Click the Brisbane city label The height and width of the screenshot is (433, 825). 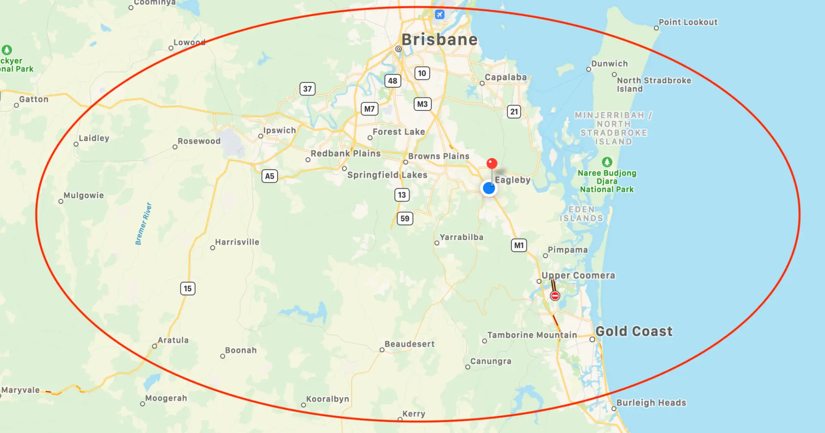click(x=439, y=40)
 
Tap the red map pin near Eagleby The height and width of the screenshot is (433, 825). click(x=492, y=164)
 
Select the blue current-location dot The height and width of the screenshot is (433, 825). click(x=489, y=188)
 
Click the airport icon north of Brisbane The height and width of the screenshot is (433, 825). click(x=439, y=15)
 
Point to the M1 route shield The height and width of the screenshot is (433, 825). click(x=519, y=245)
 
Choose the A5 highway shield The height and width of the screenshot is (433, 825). click(x=269, y=176)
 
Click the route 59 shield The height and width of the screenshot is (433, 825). click(x=405, y=219)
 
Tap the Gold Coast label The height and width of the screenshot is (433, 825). click(x=634, y=331)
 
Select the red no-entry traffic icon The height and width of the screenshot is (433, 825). click(x=555, y=296)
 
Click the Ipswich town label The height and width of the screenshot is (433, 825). click(x=279, y=131)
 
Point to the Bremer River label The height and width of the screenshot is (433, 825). click(x=144, y=224)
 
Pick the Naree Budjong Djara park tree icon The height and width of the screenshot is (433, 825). click(x=607, y=162)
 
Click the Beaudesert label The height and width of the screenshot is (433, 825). click(x=409, y=344)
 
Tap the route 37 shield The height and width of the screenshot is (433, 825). click(x=307, y=89)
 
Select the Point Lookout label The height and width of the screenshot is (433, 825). click(x=688, y=22)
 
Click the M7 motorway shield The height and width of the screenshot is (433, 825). click(x=369, y=109)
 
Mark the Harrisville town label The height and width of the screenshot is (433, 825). click(x=237, y=242)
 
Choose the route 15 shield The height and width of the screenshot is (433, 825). click(x=188, y=289)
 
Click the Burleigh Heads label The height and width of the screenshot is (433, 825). click(x=651, y=403)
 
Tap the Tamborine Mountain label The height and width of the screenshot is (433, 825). click(x=532, y=335)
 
